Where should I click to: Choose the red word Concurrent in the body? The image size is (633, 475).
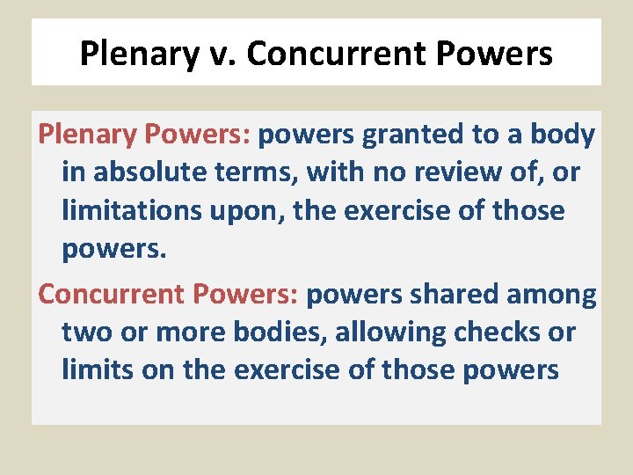pyautogui.click(x=107, y=293)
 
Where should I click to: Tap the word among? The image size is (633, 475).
pyautogui.click(x=551, y=293)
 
